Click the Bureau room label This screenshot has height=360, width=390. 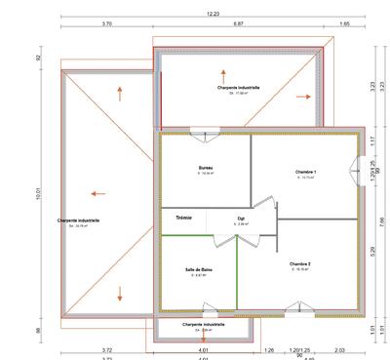pyautogui.click(x=206, y=168)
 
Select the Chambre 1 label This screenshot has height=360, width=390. pyautogui.click(x=305, y=172)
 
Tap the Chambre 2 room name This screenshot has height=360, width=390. pyautogui.click(x=299, y=263)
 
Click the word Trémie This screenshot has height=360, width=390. pyautogui.click(x=184, y=218)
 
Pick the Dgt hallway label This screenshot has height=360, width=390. pyautogui.click(x=241, y=219)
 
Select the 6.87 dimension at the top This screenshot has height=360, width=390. pyautogui.click(x=238, y=23)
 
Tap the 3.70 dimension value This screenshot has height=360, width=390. pyautogui.click(x=106, y=23)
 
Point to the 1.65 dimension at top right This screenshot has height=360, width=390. pyautogui.click(x=344, y=23)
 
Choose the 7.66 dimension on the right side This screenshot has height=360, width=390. pyautogui.click(x=382, y=220)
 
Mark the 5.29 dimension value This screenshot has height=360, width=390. pyautogui.click(x=372, y=250)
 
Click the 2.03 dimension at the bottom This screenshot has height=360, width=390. pyautogui.click(x=339, y=348)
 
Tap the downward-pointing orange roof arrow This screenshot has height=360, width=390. pyautogui.click(x=120, y=293)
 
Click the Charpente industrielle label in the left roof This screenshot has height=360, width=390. pyautogui.click(x=80, y=221)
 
